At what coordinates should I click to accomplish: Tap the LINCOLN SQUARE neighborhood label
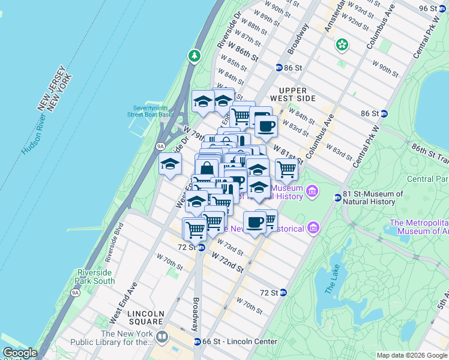pyautogui.click(x=146, y=318)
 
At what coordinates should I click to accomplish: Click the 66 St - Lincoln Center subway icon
pyautogui.click(x=197, y=342)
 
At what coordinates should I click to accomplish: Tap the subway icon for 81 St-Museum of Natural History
pyautogui.click(x=337, y=198)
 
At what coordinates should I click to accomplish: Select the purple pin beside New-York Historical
pyautogui.click(x=313, y=228)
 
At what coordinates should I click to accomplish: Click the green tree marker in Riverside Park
pyautogui.click(x=194, y=56)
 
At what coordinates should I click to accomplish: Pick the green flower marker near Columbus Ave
pyautogui.click(x=342, y=44)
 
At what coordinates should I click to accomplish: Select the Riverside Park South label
pyautogui.click(x=95, y=277)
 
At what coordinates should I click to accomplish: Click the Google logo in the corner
pyautogui.click(x=20, y=353)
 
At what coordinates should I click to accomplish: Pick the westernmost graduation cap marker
pyautogui.click(x=170, y=163)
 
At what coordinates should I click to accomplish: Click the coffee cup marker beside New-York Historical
pyautogui.click(x=255, y=222)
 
